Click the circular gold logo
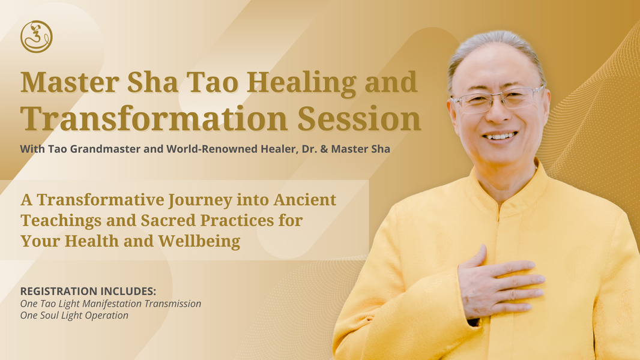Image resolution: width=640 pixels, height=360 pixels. click(x=37, y=37)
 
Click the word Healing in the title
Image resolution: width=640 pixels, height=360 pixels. click(x=301, y=83)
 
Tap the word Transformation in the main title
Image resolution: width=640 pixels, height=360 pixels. click(x=154, y=119)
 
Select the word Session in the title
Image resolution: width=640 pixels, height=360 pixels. click(x=359, y=119)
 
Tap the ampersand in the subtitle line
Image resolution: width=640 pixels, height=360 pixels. click(x=324, y=149)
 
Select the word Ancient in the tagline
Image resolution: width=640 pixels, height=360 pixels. click(x=305, y=200)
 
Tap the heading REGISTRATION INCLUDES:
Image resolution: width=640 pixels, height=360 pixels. click(x=88, y=291)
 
